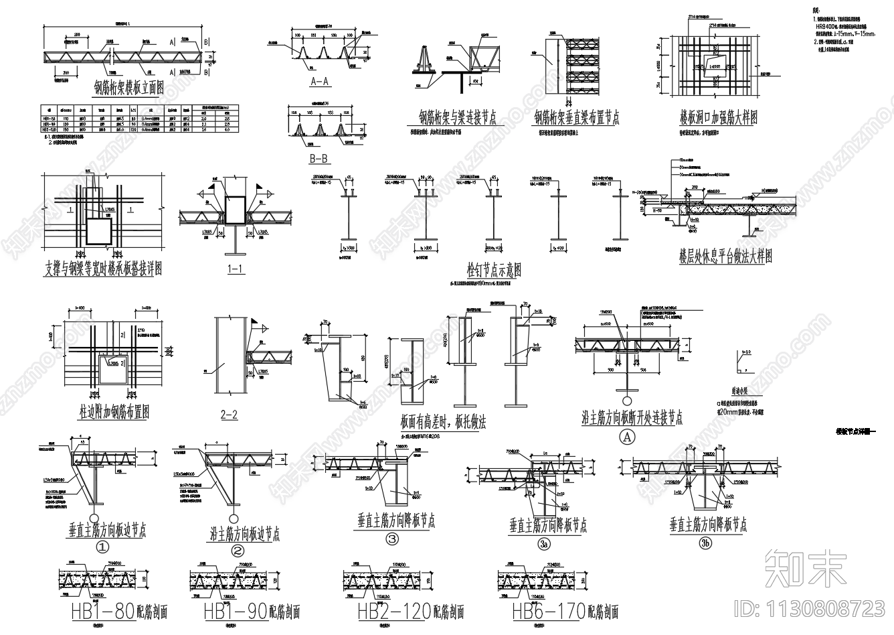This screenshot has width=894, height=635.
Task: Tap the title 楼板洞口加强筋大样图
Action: point(717,118)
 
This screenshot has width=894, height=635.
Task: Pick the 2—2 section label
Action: point(229,415)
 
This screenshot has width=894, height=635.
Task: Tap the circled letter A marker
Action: point(627,437)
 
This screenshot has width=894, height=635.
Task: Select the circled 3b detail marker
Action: point(705,543)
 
